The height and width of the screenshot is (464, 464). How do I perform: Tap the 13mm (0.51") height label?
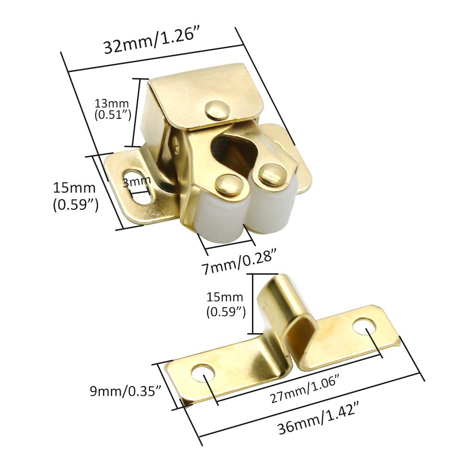(x=113, y=109)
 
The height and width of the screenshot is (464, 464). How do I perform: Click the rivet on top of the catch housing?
(x=217, y=110)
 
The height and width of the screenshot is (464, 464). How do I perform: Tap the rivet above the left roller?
(x=228, y=183)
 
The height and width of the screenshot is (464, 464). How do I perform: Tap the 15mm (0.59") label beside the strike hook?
(x=226, y=304)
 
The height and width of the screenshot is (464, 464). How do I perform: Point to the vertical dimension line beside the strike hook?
(x=253, y=304)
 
